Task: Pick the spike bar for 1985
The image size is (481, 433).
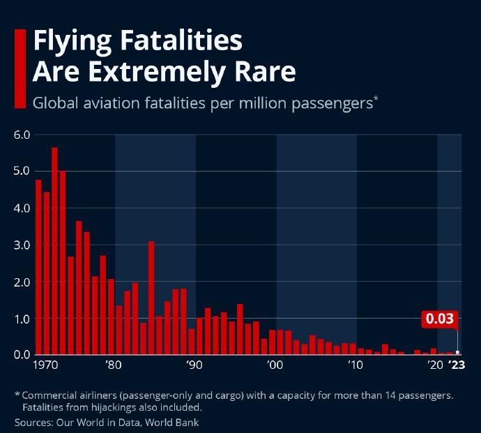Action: [x=151, y=298]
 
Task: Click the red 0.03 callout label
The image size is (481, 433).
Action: [x=439, y=319]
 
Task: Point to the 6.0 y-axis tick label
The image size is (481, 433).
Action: [x=22, y=135]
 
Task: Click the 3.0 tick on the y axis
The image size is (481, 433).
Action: [x=22, y=245]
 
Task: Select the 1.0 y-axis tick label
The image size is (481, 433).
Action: [x=22, y=319]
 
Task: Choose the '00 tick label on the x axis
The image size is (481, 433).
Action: [x=275, y=365]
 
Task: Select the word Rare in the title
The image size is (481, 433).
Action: [x=266, y=72]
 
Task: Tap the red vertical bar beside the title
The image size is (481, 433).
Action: [x=20, y=68]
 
